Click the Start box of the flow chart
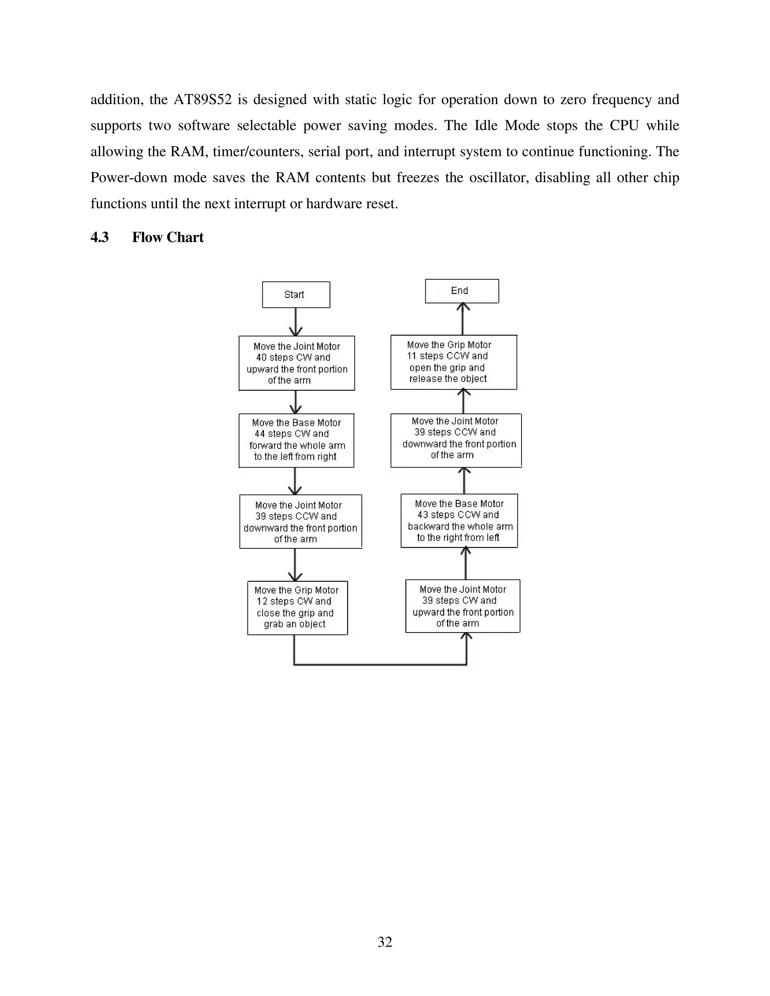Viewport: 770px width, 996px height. coord(296,295)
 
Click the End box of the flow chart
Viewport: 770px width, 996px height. coord(462,291)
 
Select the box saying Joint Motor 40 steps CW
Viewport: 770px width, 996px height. coord(297,363)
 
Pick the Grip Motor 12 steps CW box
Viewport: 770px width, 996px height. coord(297,607)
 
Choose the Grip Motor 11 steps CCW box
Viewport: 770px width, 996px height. coord(453,362)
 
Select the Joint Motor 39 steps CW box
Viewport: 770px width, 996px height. coord(462,606)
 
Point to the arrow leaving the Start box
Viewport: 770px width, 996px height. coord(296,322)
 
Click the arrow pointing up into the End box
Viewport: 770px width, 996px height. coord(463,319)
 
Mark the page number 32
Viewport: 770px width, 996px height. coord(385,942)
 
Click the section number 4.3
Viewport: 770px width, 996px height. coord(99,238)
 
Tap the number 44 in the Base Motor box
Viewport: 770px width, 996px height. coord(259,434)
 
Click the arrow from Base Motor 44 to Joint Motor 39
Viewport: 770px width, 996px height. coord(295,481)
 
